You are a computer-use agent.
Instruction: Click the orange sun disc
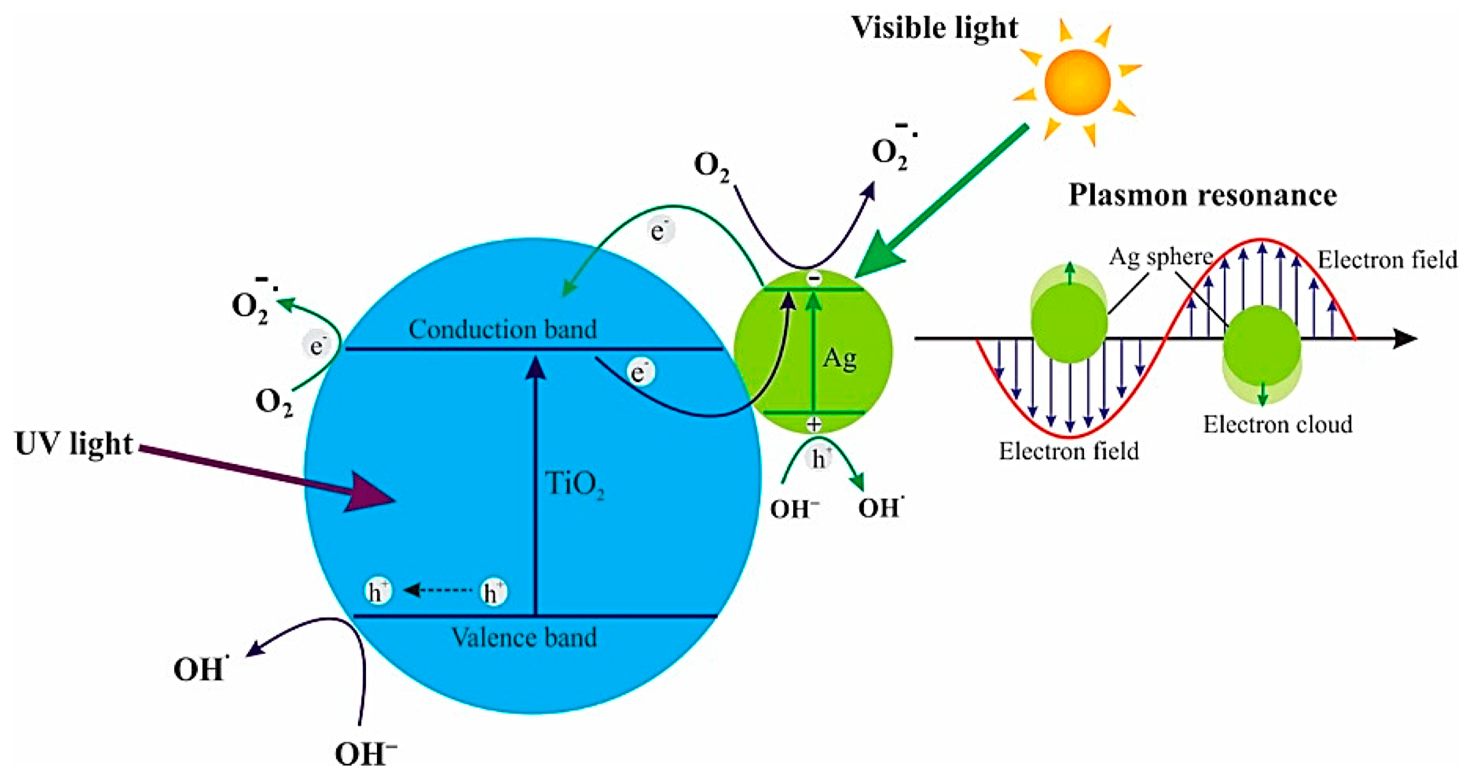(1077, 82)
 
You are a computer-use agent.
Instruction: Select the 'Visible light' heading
(934, 28)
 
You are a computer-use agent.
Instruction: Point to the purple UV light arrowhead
(368, 492)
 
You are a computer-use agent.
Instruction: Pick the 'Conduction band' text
(502, 329)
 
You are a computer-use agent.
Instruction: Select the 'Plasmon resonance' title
(1202, 195)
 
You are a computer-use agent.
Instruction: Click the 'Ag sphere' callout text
(1160, 257)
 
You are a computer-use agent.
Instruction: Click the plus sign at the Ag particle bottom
(814, 424)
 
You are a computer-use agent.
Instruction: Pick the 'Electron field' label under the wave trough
(1068, 451)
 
